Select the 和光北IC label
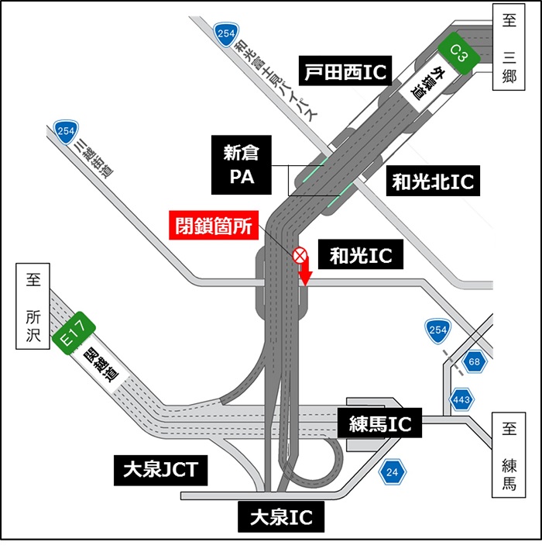click(x=432, y=181)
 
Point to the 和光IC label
click(x=361, y=255)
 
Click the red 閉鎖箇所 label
click(x=211, y=227)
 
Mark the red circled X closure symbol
click(x=299, y=256)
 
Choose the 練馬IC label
click(x=380, y=424)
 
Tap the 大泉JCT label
click(x=161, y=468)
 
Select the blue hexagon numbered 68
click(x=473, y=362)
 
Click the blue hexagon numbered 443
click(x=462, y=399)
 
